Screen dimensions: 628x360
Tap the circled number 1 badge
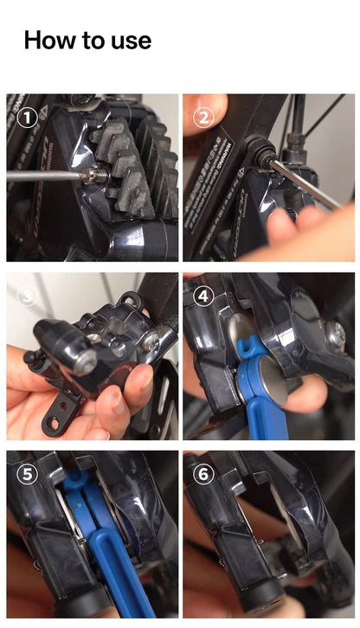28,117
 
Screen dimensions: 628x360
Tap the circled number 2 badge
203,117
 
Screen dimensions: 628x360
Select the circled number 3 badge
28,296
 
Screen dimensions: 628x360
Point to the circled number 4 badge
203,296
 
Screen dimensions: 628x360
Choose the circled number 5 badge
28,474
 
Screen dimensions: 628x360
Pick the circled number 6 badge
203,474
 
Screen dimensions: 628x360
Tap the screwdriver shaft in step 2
307,183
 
